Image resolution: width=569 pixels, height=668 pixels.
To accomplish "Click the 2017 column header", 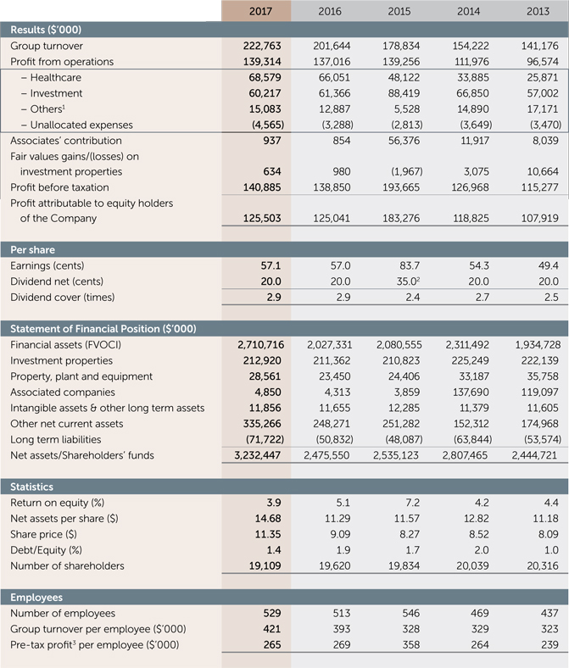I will coord(260,10).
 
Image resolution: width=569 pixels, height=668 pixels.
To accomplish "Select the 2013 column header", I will coord(544,10).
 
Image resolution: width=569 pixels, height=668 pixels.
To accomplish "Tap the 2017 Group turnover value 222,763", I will coord(257,46).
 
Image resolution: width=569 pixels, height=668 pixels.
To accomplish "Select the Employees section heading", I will coord(37,597).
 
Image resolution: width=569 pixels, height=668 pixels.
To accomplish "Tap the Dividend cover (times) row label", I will coord(62,298).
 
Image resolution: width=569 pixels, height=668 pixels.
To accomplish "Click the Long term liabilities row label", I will coord(55,439).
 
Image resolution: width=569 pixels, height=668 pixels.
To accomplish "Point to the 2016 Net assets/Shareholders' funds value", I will coord(326,455).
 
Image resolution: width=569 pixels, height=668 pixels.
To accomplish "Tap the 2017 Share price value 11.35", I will coord(265,534).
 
